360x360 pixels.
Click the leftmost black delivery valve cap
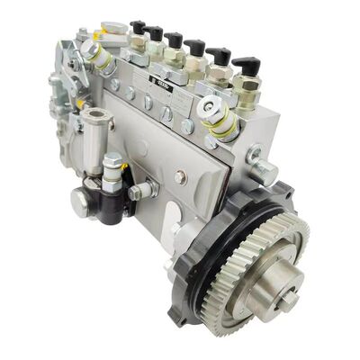(x=137, y=26)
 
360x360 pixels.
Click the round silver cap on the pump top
(x=114, y=30)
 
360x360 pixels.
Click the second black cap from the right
(x=219, y=56)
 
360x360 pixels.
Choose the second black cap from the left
(x=156, y=33)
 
